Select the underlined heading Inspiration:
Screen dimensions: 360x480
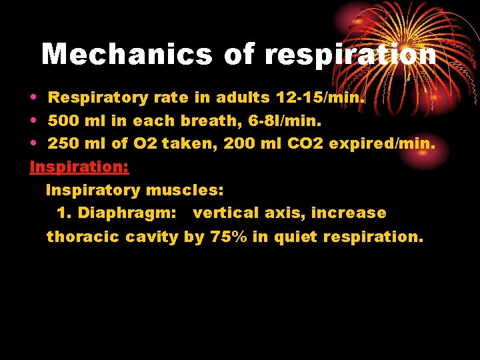(79, 167)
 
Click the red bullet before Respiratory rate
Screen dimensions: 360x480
(33, 98)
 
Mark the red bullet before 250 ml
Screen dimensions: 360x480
(33, 145)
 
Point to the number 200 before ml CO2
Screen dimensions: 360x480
(239, 144)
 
